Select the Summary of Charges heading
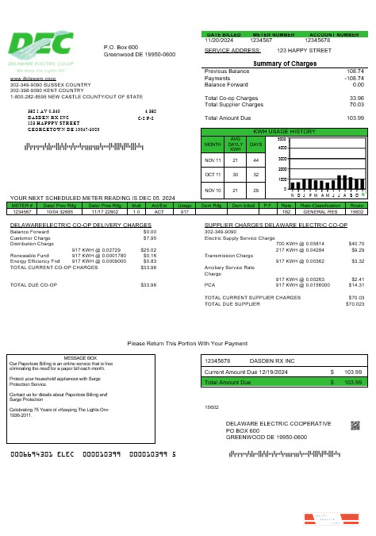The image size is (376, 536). click(x=284, y=64)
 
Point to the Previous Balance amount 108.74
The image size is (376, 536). click(x=355, y=71)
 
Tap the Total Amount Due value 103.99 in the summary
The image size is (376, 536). click(x=355, y=118)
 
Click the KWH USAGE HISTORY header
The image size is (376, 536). click(x=284, y=130)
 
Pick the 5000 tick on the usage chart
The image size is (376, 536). click(x=282, y=138)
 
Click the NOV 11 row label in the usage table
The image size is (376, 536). click(x=213, y=159)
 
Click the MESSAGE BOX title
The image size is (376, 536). click(x=79, y=358)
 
